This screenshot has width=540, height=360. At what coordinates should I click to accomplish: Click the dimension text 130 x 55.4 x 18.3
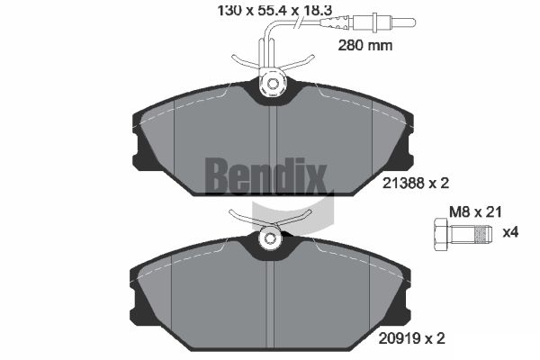tap(274, 11)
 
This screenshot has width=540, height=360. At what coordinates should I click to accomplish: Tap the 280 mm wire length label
tap(365, 45)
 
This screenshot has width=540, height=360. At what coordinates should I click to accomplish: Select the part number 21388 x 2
tap(416, 183)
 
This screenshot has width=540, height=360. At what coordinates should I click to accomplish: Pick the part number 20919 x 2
tap(411, 338)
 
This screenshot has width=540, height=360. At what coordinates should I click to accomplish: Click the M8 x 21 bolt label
tap(475, 211)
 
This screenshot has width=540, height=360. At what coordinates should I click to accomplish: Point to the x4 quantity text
tap(510, 232)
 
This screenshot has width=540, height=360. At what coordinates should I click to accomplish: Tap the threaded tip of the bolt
tap(483, 234)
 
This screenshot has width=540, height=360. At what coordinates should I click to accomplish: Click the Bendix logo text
tap(265, 176)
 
